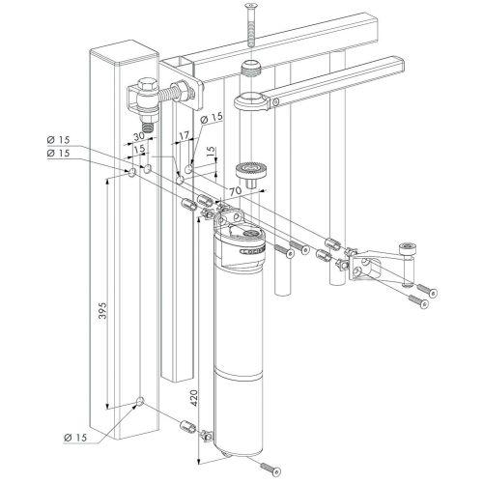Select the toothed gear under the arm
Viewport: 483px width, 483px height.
[x=256, y=171]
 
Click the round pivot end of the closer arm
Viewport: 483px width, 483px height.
[x=248, y=99]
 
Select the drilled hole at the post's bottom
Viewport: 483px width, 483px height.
[x=141, y=401]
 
